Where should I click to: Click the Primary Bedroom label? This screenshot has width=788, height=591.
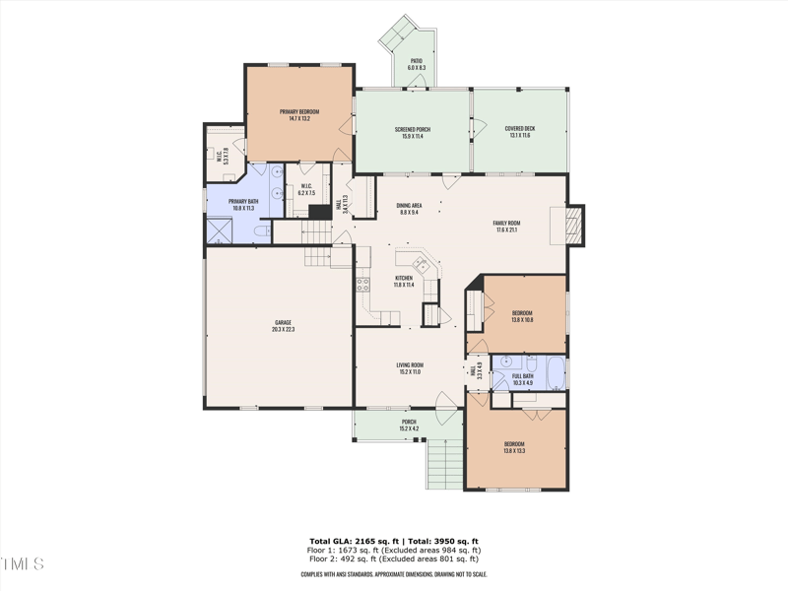point(299,115)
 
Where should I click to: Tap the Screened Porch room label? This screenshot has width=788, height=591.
point(413,132)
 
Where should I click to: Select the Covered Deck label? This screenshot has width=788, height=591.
point(519,132)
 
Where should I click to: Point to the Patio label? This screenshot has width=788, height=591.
point(416,64)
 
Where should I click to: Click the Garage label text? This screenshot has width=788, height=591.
point(284,326)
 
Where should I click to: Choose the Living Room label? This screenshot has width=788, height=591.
point(409,368)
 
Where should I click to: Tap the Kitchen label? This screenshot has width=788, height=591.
point(404,282)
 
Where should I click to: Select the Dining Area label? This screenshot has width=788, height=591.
point(409,209)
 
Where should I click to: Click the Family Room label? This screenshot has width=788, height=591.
point(506,227)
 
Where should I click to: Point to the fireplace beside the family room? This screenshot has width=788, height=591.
point(576,226)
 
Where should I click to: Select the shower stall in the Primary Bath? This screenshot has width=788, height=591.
point(217,230)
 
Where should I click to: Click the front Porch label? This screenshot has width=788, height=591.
point(409,426)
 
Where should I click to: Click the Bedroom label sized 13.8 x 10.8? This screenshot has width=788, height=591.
point(522,316)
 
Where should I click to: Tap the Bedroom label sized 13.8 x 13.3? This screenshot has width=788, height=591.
point(514,447)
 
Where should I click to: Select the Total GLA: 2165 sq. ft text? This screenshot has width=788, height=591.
point(352,542)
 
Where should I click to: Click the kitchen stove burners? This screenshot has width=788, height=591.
point(361,285)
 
